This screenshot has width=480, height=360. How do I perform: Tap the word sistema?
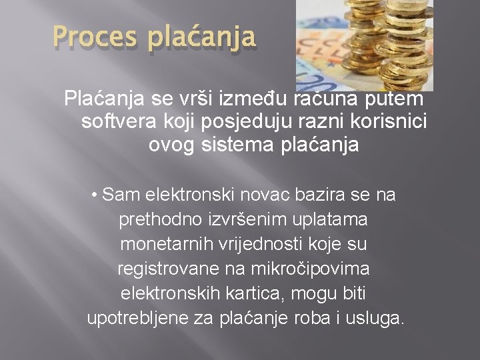(x=236, y=145)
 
